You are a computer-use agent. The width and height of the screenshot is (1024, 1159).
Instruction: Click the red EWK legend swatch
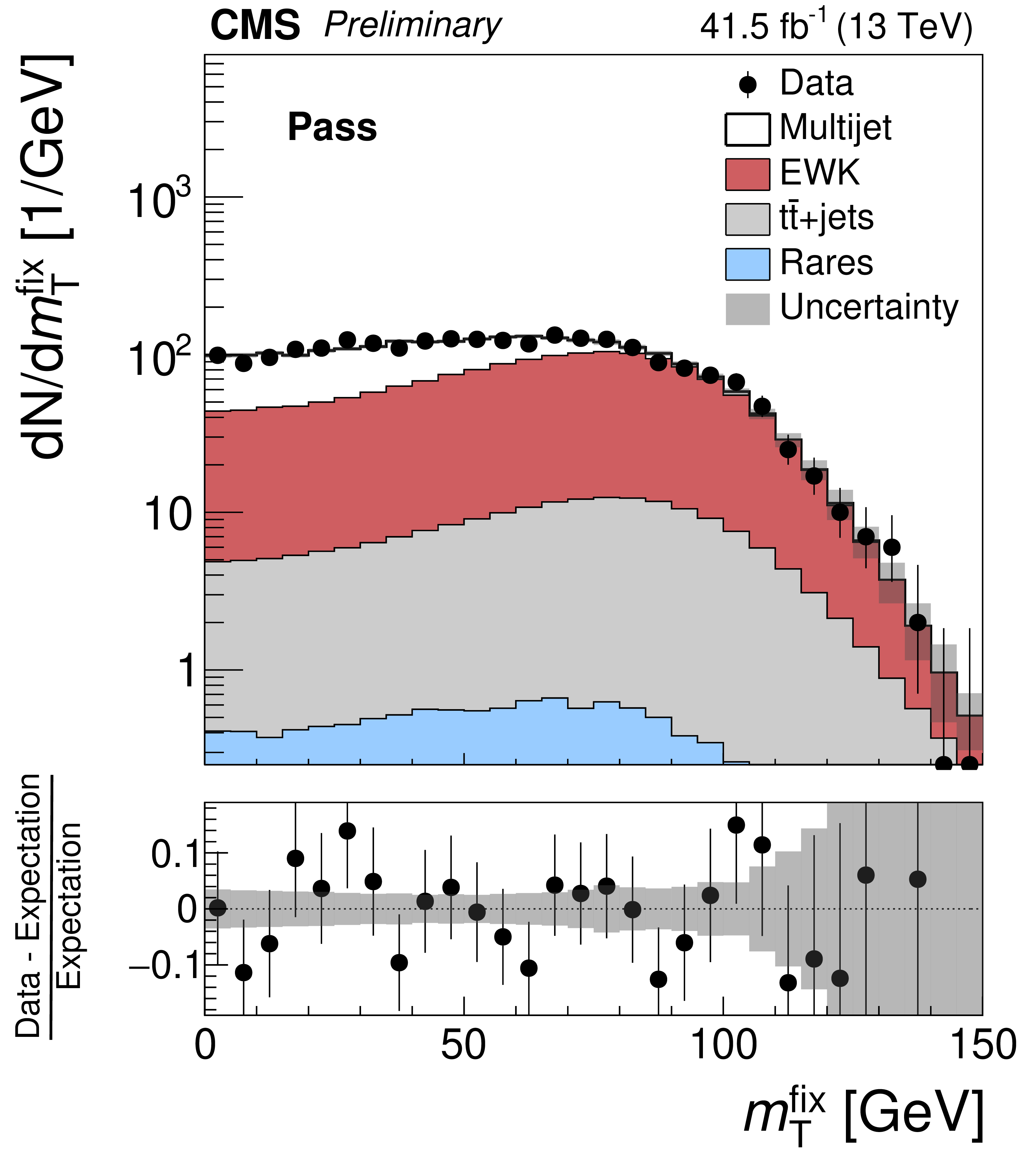click(x=747, y=174)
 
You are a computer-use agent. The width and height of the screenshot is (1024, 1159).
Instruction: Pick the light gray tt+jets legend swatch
click(x=747, y=219)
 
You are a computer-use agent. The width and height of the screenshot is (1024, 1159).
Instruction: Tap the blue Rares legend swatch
click(x=747, y=264)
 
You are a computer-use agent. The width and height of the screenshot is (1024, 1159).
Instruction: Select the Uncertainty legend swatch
click(x=747, y=309)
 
